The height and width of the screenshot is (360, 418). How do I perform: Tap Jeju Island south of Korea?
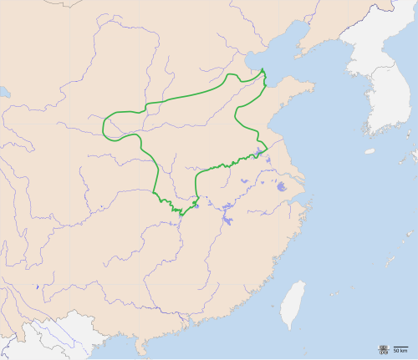point(370,151)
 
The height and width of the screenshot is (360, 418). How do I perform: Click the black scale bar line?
point(400,346)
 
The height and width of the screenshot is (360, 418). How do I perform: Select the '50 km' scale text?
point(400,350)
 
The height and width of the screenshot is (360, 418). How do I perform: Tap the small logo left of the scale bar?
point(383,347)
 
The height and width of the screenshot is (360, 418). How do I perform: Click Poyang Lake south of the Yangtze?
point(227,222)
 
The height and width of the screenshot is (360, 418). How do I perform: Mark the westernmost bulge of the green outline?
point(104,127)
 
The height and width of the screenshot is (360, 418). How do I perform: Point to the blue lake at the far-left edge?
point(3,91)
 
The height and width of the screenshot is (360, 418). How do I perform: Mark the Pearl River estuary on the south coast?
point(171,321)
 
